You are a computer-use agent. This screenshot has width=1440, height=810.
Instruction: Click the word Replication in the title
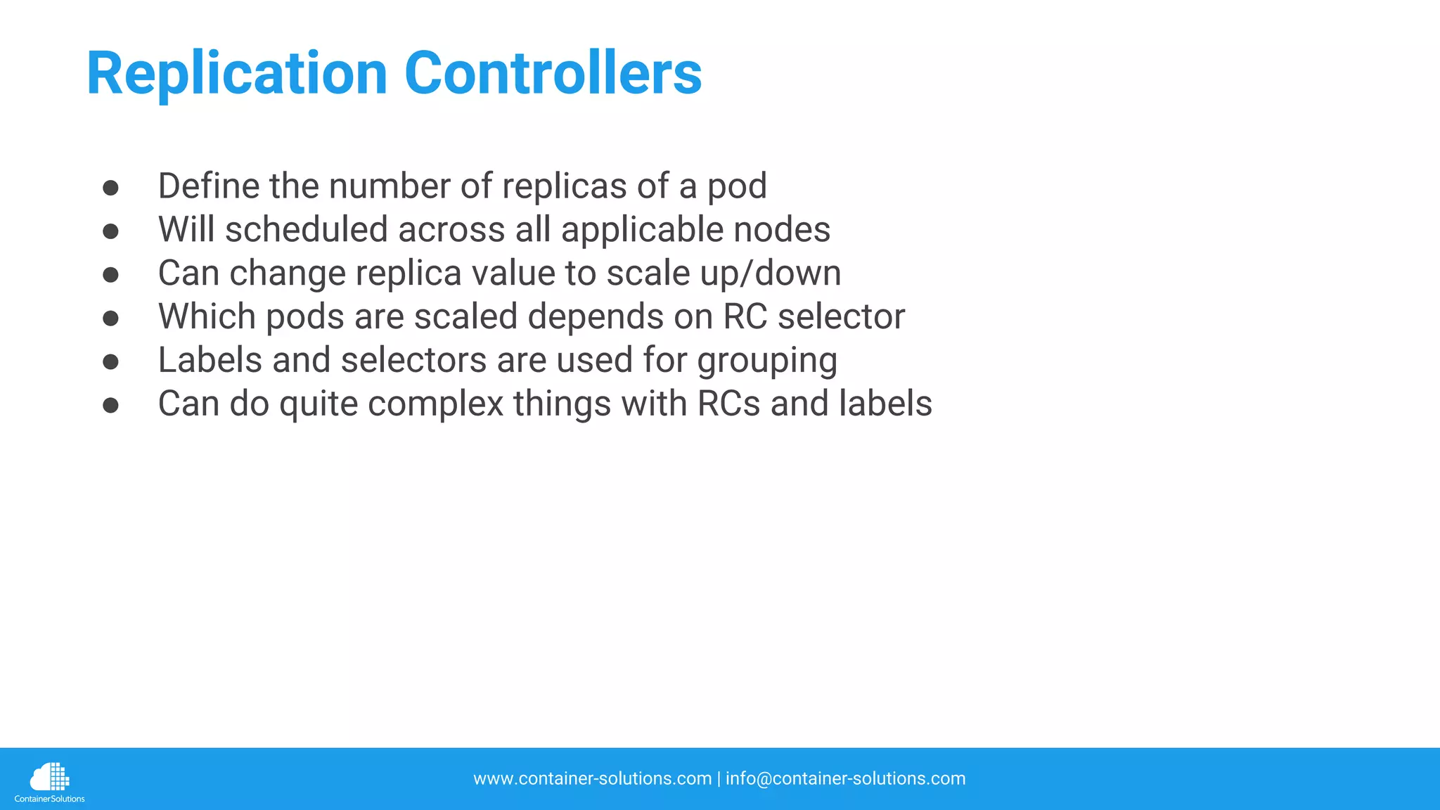pyautogui.click(x=236, y=74)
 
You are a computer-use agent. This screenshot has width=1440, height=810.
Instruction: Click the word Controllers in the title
pyautogui.click(x=553, y=74)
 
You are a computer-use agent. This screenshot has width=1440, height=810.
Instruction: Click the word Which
pyautogui.click(x=207, y=317)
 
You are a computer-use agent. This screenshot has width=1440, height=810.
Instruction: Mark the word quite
pyautogui.click(x=319, y=404)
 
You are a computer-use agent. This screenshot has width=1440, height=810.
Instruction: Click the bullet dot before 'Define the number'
pyautogui.click(x=110, y=188)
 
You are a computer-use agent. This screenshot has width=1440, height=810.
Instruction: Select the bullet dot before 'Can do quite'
pyautogui.click(x=110, y=406)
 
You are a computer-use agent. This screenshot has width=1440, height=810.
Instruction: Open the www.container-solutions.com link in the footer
pyautogui.click(x=592, y=779)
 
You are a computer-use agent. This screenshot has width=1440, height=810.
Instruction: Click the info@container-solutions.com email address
pyautogui.click(x=845, y=779)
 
